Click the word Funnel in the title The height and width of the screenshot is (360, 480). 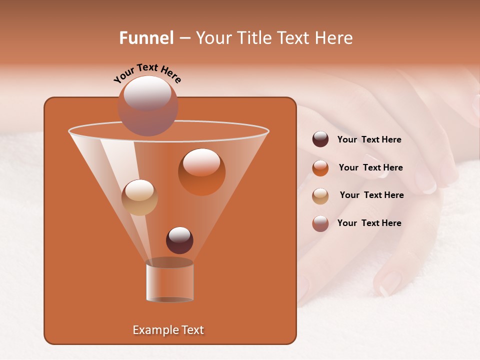(x=146, y=38)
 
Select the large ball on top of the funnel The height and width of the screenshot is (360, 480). (x=147, y=106)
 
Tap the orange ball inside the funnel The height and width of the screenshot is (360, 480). (x=201, y=172)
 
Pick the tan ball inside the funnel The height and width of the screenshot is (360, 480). (x=139, y=197)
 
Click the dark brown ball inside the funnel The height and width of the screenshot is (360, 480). (x=179, y=240)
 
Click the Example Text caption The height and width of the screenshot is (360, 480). (x=168, y=330)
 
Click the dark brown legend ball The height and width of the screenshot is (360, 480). (x=320, y=139)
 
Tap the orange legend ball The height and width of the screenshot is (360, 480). (x=320, y=168)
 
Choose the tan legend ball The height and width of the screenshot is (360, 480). (x=320, y=196)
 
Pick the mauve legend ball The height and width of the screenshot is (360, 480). (x=320, y=223)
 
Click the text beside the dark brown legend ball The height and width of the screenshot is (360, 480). (x=369, y=139)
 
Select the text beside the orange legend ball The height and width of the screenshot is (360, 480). (x=370, y=167)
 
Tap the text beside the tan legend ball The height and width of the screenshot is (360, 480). (x=371, y=195)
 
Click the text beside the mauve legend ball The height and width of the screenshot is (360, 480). (x=369, y=223)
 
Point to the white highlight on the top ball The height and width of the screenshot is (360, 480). (x=147, y=92)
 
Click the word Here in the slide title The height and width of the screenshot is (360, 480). (x=334, y=38)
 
